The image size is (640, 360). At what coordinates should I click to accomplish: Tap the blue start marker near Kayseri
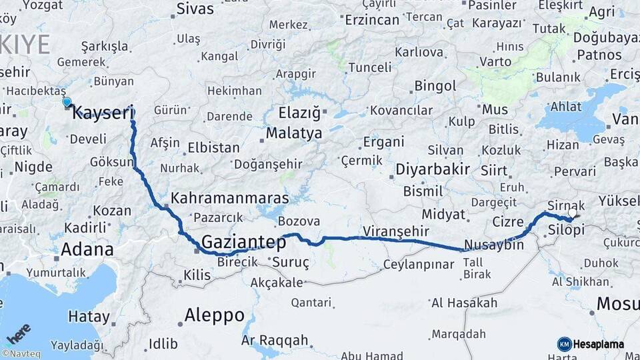click(x=67, y=102)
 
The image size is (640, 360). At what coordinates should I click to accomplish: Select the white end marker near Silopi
click(x=572, y=213)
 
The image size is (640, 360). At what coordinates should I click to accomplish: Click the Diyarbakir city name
click(x=433, y=169)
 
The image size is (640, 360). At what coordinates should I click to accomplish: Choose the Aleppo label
click(x=214, y=315)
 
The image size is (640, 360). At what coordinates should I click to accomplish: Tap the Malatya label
click(x=293, y=133)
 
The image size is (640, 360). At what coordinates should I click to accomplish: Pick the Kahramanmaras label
click(x=229, y=198)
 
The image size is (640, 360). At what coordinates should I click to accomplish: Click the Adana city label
click(x=87, y=250)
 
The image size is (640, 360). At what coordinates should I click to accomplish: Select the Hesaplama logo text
click(x=599, y=344)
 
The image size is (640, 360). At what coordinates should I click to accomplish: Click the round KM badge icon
click(x=565, y=344)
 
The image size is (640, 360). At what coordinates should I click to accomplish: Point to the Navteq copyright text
click(x=21, y=354)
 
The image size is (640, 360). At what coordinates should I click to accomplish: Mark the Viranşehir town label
click(x=395, y=231)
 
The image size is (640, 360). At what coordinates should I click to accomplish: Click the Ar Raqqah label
click(x=275, y=341)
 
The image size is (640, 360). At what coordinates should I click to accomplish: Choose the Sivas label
click(x=195, y=9)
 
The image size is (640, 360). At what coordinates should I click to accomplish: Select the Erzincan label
click(x=371, y=20)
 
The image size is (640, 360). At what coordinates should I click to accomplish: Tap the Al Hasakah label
click(x=464, y=303)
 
